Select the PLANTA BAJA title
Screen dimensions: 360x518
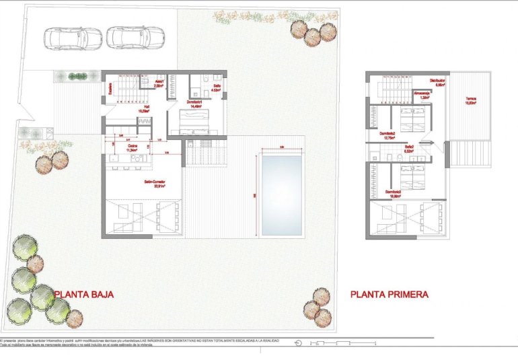(84, 294)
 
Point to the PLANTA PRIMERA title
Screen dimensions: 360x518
(389, 294)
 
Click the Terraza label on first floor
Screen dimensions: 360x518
(471, 102)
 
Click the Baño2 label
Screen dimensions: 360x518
(408, 148)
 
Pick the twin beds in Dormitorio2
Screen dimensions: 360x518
(407, 120)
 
